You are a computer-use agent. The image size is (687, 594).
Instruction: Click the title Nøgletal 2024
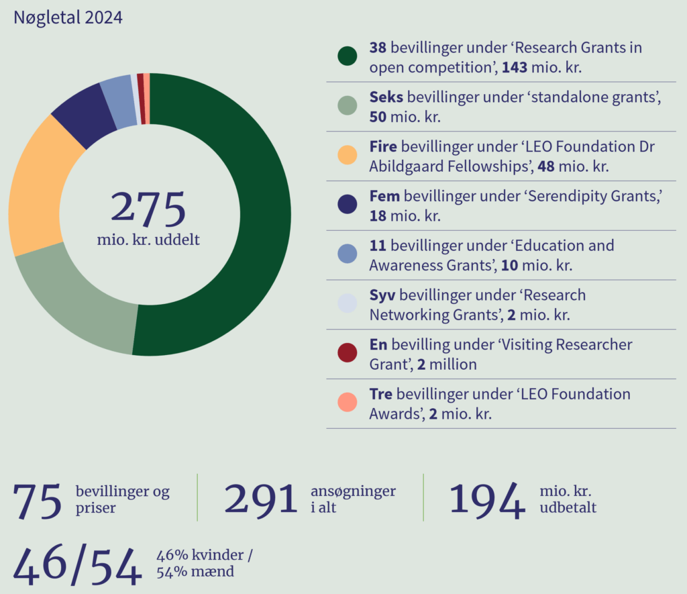[68, 18]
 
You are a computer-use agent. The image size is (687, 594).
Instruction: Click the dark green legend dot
[347, 57]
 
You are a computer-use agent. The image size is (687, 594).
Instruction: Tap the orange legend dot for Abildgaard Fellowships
[347, 156]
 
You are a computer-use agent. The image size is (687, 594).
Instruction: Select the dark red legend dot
[347, 353]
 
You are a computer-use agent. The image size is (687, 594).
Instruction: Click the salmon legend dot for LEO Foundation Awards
[347, 403]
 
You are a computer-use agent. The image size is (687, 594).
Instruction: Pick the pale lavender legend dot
[347, 304]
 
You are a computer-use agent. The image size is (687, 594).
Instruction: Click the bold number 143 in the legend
[515, 68]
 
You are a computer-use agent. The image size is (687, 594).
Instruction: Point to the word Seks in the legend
[386, 98]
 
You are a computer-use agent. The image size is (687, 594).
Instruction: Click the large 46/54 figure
[78, 565]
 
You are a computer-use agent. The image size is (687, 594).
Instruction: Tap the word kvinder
[217, 556]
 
